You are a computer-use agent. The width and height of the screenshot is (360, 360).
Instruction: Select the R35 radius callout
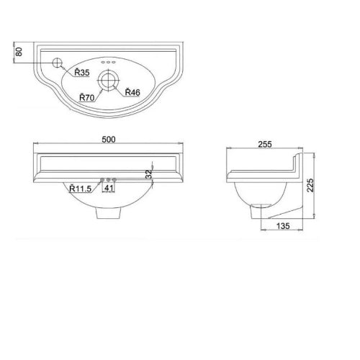point(79,72)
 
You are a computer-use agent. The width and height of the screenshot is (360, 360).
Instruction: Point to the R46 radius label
point(132,91)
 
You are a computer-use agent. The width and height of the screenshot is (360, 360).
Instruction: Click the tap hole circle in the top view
point(58,63)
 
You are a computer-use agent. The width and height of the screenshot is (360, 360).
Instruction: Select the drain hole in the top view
point(110,78)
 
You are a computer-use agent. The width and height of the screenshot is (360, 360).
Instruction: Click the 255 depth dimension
point(265,144)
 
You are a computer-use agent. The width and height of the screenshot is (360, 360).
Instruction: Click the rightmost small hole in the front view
point(115,179)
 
